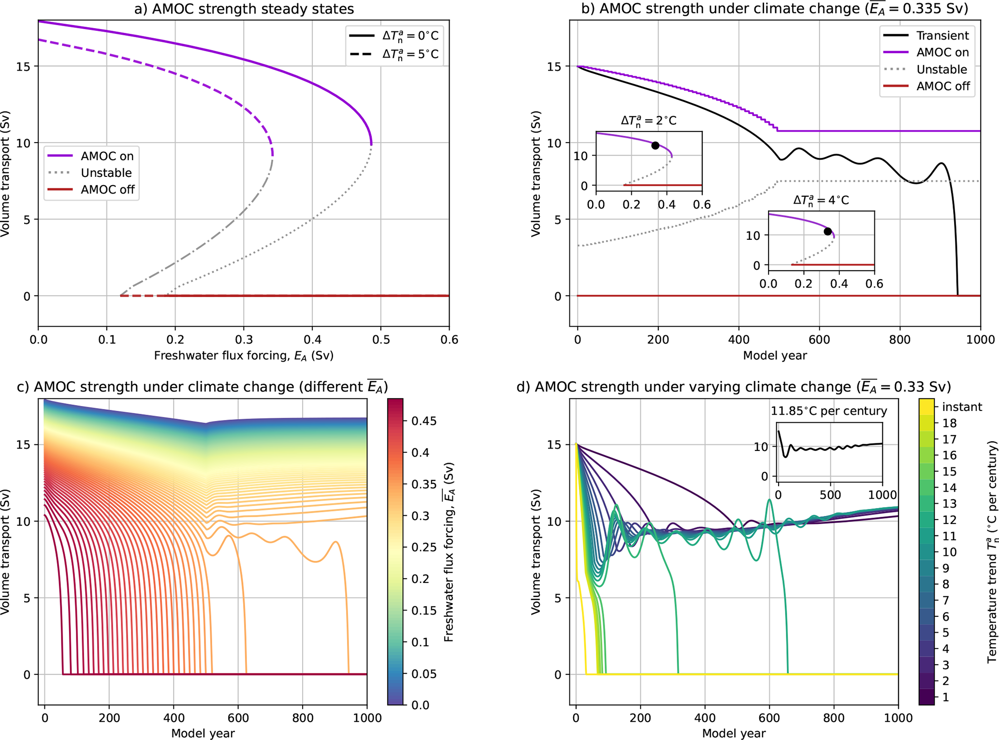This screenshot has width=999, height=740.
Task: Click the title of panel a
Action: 244,9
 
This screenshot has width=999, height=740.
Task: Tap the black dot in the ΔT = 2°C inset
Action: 655,145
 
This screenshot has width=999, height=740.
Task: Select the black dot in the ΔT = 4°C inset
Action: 827,232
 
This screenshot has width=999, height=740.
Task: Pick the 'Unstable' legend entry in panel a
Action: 106,173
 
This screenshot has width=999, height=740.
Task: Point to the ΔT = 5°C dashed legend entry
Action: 410,54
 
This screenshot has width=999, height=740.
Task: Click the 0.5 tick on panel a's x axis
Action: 381,340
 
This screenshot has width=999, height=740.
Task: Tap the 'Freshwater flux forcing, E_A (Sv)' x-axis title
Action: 244,356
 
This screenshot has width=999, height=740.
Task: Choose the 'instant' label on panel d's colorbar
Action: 962,407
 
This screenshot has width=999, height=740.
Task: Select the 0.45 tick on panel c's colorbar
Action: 424,421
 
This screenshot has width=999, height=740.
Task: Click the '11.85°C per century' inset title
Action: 828,411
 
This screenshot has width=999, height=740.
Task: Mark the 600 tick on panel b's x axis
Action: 819,340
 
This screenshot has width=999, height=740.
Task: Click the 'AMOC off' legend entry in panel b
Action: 943,87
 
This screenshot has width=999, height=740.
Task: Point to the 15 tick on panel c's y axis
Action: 23,445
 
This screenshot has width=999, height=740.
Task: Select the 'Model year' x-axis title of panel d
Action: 733,733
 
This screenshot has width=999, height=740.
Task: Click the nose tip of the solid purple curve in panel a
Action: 371,143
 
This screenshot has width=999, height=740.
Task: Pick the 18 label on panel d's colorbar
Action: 949,423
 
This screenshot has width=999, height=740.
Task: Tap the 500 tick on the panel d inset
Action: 830,495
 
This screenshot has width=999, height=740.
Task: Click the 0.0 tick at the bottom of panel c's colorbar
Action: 420,705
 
